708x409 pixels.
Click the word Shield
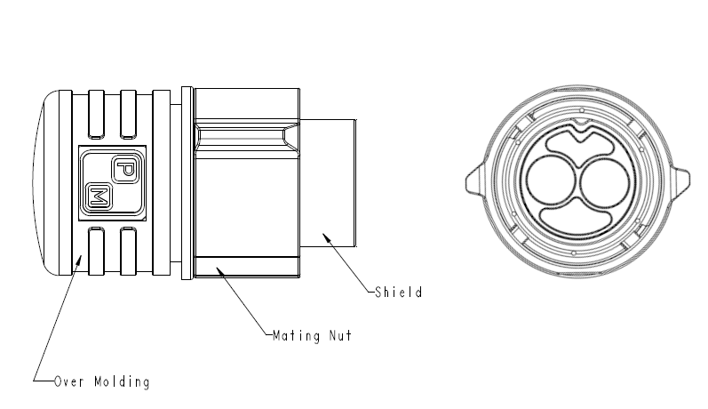pyautogui.click(x=399, y=292)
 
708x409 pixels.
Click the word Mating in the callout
pyautogui.click(x=296, y=336)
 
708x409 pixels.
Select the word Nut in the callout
pyautogui.click(x=340, y=335)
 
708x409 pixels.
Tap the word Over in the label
pyautogui.click(x=69, y=381)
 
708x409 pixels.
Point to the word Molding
pyautogui.click(x=122, y=382)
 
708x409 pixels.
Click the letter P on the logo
pyautogui.click(x=124, y=170)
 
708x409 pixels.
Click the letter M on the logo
pyautogui.click(x=99, y=196)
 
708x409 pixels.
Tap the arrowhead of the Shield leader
pyautogui.click(x=327, y=238)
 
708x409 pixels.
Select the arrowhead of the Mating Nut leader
pyautogui.click(x=220, y=272)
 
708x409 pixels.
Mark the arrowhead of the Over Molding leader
pyautogui.click(x=79, y=261)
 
